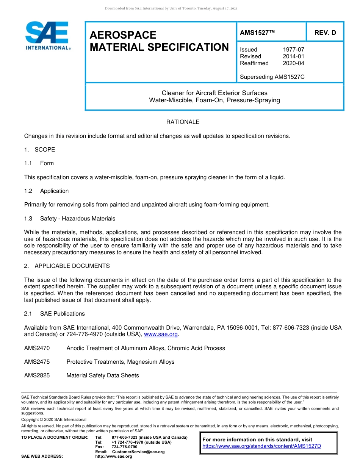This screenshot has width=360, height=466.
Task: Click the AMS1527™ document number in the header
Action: (257, 33)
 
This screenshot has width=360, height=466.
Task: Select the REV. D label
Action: (325, 33)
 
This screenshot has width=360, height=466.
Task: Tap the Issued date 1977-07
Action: (293, 50)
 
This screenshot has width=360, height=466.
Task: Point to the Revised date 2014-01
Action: (293, 56)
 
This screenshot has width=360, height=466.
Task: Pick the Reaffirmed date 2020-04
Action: (293, 63)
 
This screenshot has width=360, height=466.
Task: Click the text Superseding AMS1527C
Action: (272, 77)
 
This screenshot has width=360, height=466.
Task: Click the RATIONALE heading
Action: (183, 122)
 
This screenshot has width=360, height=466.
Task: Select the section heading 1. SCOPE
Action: (39, 150)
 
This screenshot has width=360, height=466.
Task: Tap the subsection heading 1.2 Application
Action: (46, 191)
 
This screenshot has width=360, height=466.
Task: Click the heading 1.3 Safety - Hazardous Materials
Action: (70, 219)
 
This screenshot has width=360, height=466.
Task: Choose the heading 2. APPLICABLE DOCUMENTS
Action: (67, 266)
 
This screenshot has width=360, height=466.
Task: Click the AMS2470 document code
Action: (37, 348)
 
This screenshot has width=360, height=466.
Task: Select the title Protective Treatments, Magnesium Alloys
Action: (120, 362)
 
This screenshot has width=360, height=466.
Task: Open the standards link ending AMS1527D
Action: (261, 446)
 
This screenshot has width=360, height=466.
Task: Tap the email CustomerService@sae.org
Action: (138, 452)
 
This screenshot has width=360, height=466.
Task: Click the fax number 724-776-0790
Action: (124, 447)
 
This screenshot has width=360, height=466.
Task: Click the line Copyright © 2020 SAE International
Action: (54, 419)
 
